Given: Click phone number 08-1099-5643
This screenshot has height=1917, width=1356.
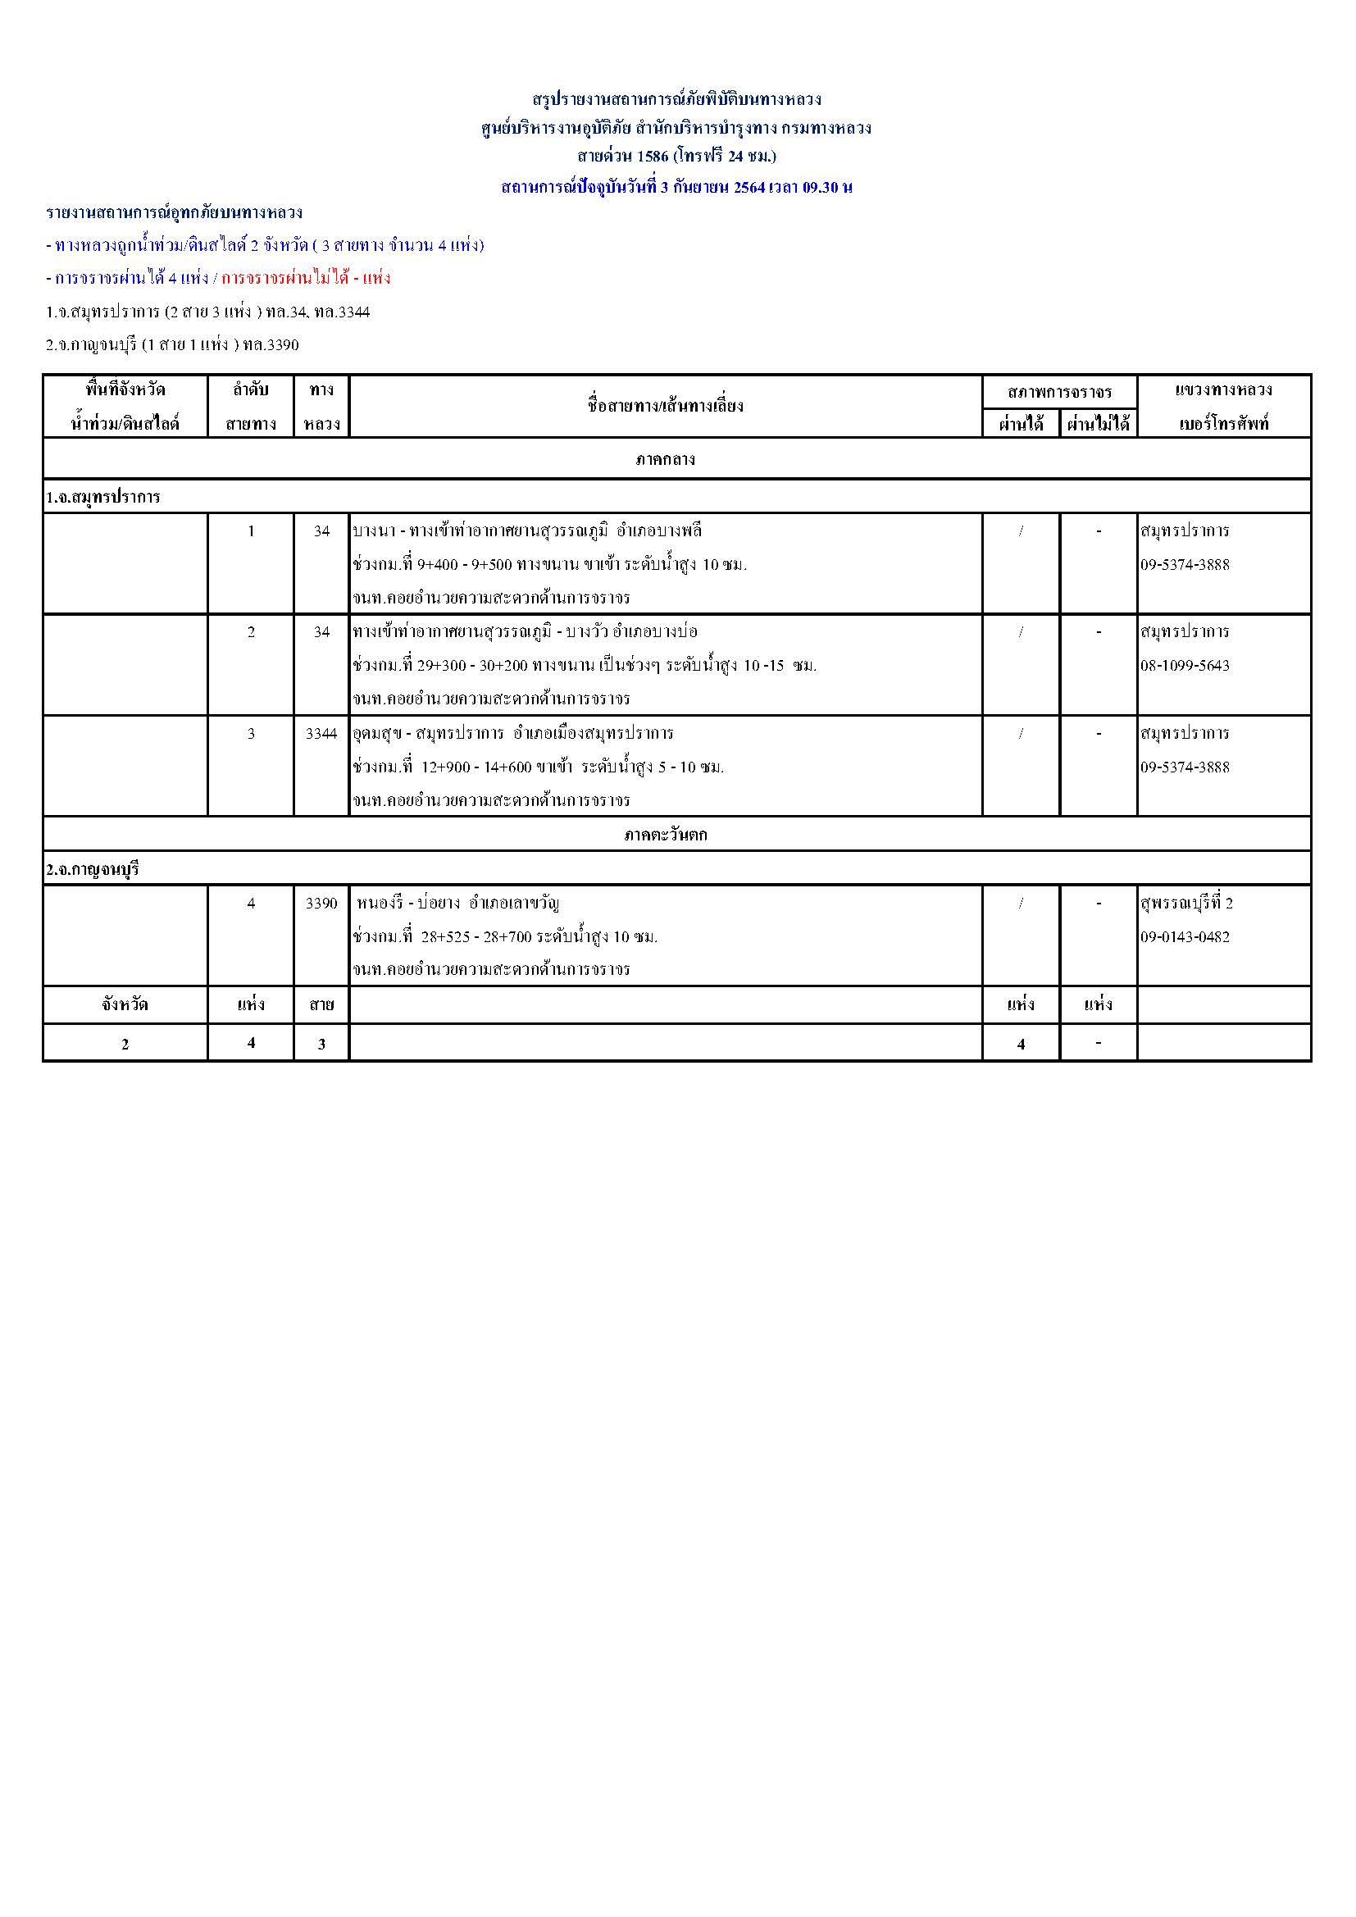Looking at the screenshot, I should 1185,666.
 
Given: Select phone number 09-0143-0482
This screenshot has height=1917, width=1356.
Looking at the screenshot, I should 1185,937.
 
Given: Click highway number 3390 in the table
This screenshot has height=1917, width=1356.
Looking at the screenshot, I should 321,904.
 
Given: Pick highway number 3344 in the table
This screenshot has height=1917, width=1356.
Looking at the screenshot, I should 321,733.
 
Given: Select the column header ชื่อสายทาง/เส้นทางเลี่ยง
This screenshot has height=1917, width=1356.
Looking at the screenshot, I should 665,406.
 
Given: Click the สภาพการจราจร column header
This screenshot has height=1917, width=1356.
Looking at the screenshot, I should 1058,391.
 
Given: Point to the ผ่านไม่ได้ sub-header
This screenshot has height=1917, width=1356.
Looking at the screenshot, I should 1098,424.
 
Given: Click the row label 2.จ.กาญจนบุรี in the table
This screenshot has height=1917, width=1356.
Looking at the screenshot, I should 93,869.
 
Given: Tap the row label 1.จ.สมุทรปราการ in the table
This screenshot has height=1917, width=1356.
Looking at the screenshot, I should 103,498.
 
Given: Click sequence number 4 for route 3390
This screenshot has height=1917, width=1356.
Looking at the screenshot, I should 251,904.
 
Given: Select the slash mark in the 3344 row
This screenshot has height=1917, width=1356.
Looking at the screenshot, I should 1021,733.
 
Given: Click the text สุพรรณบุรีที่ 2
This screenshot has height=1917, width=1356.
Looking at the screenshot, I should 1186,904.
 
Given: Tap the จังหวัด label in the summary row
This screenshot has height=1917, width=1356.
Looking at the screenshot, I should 125,1004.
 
